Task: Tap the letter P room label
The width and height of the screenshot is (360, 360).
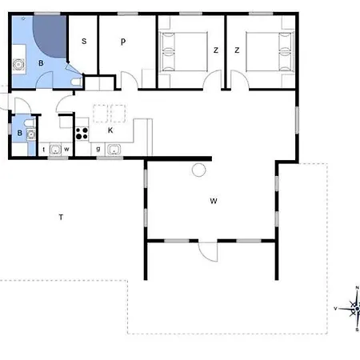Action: point(123,42)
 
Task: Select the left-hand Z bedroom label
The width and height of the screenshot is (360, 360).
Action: point(215,50)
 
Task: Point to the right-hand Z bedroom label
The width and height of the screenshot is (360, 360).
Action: point(237,50)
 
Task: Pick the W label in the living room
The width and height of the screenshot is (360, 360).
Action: point(214,201)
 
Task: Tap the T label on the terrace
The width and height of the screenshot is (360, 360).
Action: point(61,217)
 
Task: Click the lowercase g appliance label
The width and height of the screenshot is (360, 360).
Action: point(98,148)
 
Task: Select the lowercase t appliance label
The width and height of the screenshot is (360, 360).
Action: point(43,149)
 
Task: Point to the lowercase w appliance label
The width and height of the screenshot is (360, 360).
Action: point(67,149)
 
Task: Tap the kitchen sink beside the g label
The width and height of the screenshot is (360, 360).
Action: point(114,148)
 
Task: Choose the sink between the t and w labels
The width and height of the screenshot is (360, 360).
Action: point(54,149)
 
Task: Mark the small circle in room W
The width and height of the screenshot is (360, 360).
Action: point(198,169)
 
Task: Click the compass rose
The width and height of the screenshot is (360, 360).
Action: point(355,306)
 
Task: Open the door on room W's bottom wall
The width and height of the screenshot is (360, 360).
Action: point(207,250)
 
